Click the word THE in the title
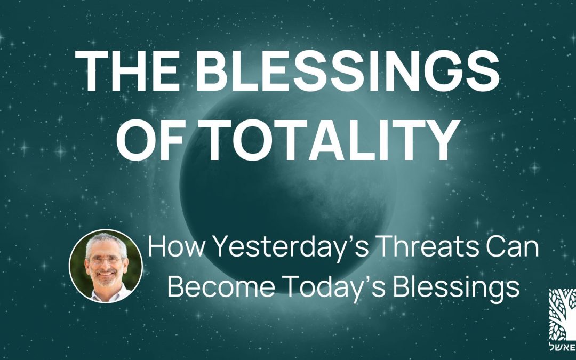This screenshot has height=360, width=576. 127,70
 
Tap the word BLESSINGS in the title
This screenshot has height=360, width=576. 347,70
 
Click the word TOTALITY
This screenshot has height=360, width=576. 328,140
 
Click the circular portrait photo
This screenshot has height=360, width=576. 106,266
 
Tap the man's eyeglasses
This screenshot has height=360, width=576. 106,260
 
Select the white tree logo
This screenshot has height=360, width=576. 563,315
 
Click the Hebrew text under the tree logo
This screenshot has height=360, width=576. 563,347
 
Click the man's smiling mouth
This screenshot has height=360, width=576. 106,274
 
